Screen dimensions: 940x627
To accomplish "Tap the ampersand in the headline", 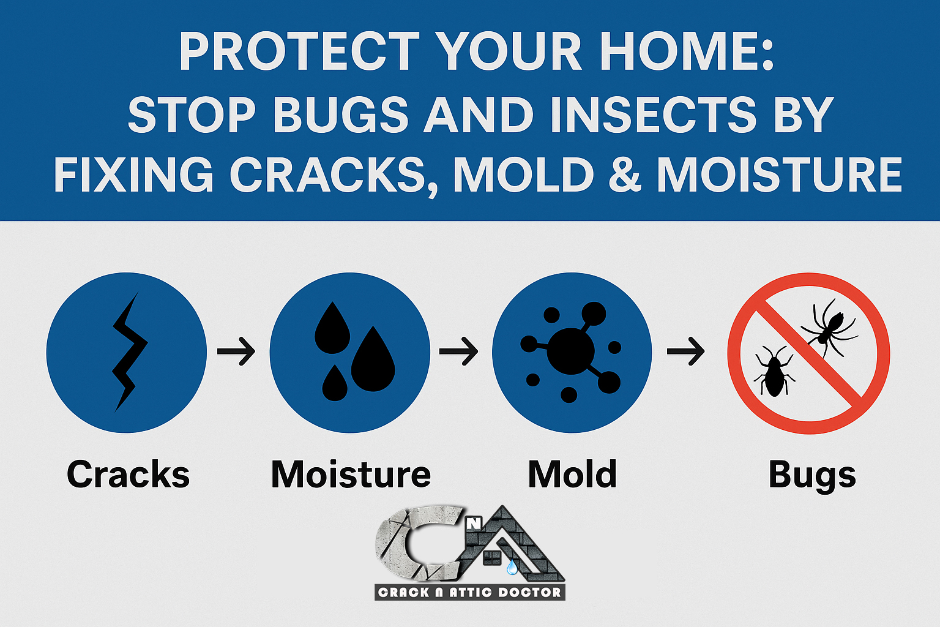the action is click(624, 175).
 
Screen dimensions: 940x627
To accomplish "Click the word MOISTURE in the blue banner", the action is click(779, 175).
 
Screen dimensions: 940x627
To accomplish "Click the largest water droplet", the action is click(373, 360).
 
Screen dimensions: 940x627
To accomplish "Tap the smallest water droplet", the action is click(335, 383).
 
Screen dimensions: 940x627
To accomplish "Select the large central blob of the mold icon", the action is click(571, 351).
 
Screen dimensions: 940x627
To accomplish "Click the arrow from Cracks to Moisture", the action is click(236, 351).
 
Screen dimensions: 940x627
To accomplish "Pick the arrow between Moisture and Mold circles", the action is click(458, 351).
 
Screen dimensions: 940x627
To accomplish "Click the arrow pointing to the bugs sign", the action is click(685, 351).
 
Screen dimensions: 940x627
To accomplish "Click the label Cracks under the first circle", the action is click(128, 474).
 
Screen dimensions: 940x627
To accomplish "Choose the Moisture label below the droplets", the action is click(351, 474).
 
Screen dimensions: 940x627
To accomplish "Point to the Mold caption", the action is click(572, 474).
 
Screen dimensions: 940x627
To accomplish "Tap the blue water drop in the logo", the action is click(512, 567).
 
